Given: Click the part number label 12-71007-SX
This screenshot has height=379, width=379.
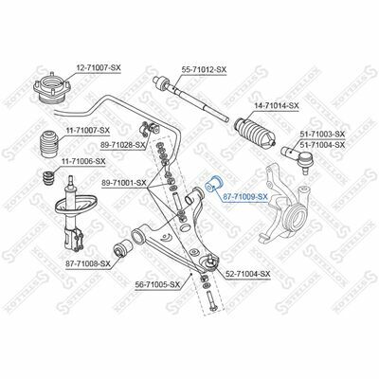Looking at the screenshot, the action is point(99,67).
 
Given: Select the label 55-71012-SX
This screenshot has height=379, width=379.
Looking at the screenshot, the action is point(204,70).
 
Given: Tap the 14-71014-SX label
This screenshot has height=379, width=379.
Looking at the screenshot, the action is point(277,106).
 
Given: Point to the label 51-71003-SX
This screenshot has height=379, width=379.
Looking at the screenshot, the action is point(322,135).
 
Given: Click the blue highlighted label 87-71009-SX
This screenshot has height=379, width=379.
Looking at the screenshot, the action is point(245,197).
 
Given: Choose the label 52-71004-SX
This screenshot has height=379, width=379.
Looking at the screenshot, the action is point(248,274).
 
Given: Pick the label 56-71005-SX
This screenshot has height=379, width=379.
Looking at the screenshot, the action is point(157,285).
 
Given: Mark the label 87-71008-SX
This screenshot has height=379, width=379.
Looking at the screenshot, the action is point(88,263).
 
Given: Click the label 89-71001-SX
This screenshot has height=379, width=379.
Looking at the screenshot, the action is point(124,183).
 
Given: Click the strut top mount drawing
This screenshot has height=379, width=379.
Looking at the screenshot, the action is point(52,87).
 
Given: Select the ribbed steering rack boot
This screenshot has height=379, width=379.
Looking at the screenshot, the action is point(254,134).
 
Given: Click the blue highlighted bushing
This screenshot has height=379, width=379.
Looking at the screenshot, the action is point(213,184).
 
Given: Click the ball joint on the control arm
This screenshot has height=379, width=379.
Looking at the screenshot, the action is point(211,262).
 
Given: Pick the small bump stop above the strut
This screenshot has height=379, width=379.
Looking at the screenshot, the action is point(48,179).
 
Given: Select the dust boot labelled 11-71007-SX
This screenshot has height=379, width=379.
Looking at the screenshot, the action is point(49,143).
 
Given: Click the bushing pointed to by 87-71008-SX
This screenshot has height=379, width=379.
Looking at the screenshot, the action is point(123,248).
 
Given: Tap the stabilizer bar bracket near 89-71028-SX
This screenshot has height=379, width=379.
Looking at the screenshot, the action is point(149,130).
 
